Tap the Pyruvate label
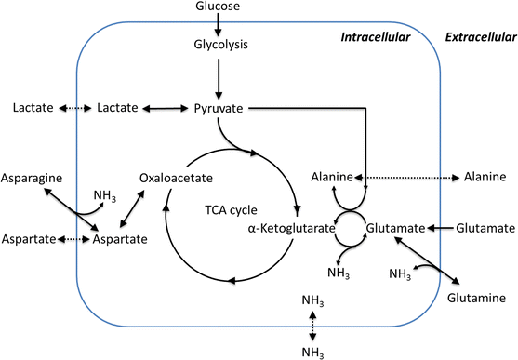click(219, 109)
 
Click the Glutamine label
click(476, 299)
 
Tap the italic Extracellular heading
click(477, 38)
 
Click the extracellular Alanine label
click(484, 177)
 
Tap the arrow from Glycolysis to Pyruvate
click(220, 79)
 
